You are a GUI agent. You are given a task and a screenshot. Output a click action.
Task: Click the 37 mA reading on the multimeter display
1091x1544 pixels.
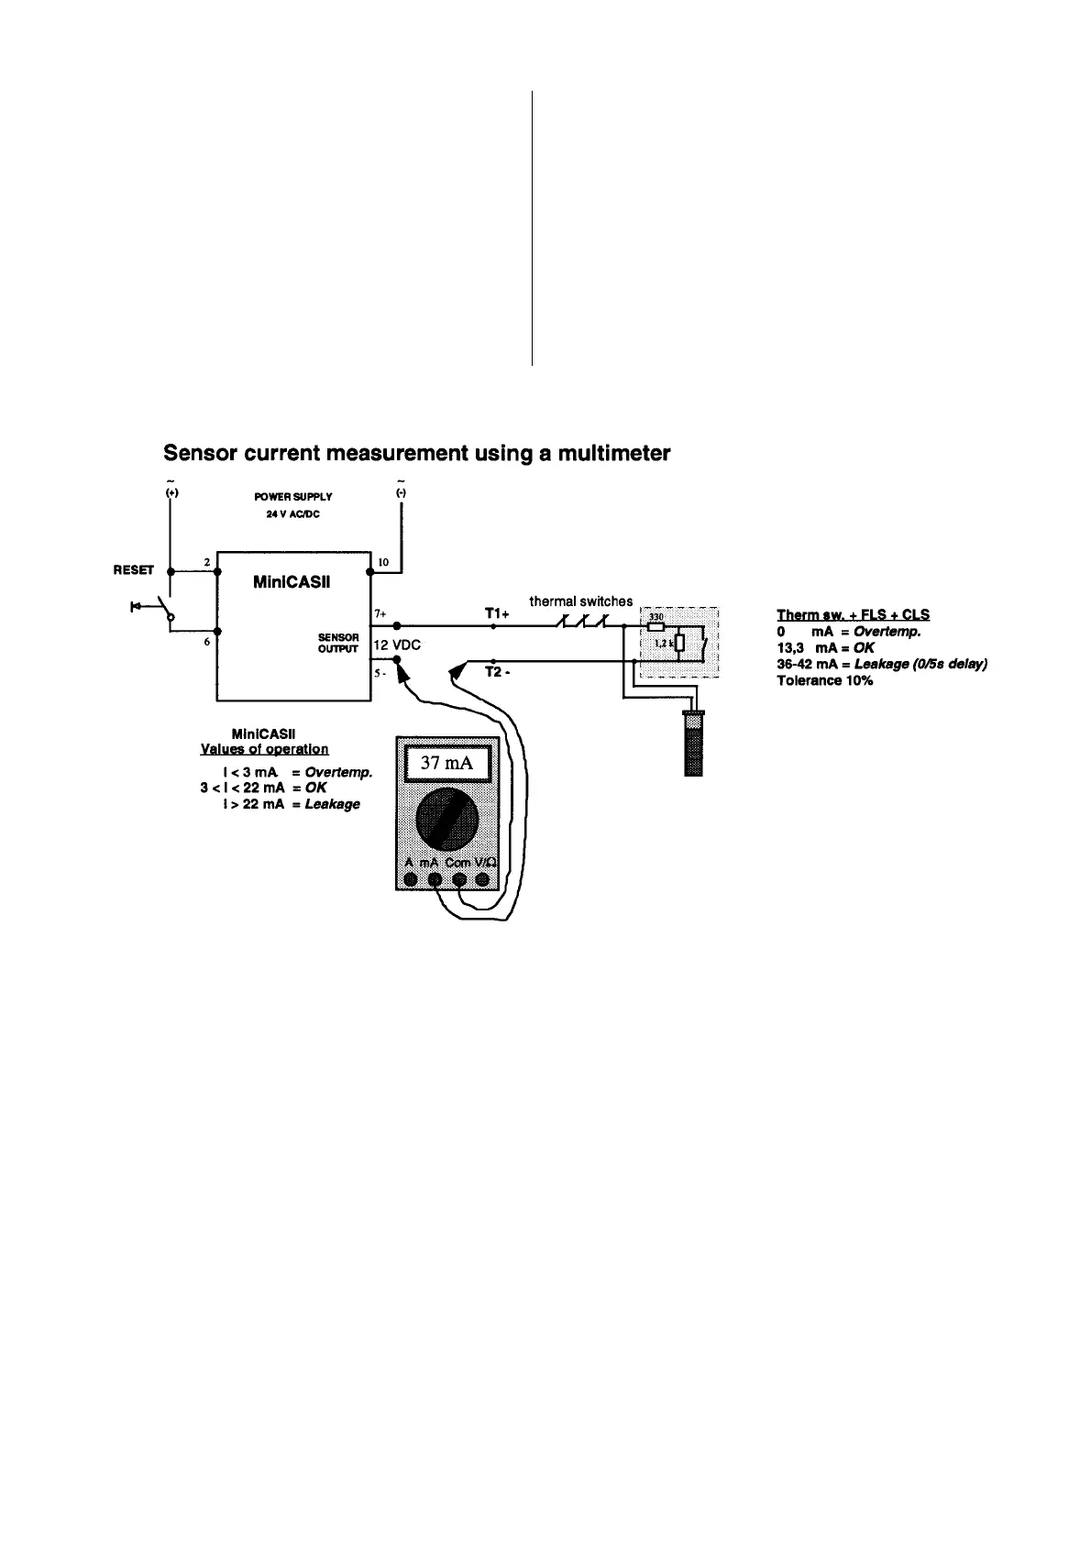pos(446,763)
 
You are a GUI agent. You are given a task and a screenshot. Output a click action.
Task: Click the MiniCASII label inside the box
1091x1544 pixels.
pos(291,582)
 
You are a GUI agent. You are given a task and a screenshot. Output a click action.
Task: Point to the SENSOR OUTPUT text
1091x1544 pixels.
pos(338,643)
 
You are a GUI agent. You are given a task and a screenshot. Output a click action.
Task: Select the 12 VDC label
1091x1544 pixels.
pos(397,645)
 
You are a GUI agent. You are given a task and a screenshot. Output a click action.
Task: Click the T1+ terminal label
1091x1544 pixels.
pos(497,613)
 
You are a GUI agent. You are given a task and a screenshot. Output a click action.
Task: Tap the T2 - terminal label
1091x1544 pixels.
pos(497,672)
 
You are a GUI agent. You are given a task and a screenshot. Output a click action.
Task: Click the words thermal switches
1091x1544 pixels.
pos(580,601)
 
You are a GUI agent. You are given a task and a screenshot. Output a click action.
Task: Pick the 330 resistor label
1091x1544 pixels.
pos(656,617)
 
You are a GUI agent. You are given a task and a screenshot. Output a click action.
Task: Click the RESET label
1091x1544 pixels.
pos(133,570)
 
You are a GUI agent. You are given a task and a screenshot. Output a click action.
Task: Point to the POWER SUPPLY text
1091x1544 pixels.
pos(293,496)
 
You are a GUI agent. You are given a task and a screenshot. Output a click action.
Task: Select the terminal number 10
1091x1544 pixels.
pos(383,561)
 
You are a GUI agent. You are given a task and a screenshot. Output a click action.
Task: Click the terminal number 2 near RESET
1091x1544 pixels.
pos(207,561)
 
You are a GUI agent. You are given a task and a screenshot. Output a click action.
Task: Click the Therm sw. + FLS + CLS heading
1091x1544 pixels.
pos(853,614)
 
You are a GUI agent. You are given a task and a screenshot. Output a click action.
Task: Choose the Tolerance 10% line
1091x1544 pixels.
pos(824,680)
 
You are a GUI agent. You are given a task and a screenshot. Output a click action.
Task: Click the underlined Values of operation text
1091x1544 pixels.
pos(264,749)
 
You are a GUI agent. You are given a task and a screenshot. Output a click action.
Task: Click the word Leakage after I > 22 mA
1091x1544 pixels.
pos(333,804)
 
